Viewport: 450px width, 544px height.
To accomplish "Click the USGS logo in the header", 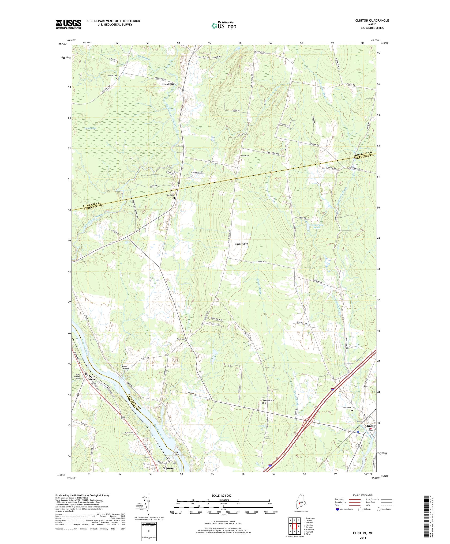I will pos(68,24).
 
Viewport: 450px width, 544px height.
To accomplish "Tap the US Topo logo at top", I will pos(224,25).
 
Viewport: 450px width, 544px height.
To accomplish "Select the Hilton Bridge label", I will pos(168,84).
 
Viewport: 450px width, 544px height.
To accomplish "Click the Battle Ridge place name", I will pos(241,244).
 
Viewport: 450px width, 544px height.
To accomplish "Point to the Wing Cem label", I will pos(181,339).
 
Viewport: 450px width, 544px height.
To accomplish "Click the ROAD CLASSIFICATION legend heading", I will pos(363,495).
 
